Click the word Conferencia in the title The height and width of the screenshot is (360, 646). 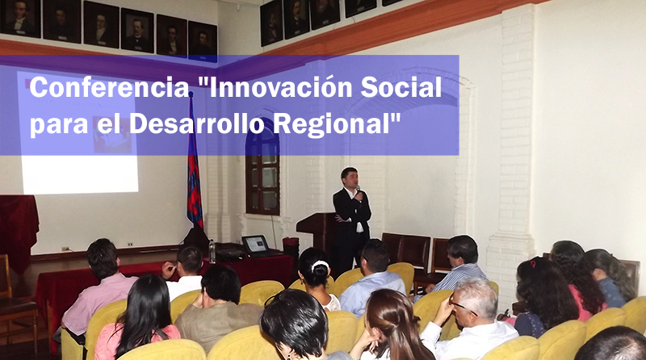109,87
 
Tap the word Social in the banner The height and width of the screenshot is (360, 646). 401,87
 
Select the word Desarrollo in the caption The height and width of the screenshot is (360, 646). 196,123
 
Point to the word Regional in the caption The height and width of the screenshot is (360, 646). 333,124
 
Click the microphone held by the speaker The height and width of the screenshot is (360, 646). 358,190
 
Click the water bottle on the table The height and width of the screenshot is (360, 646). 212,251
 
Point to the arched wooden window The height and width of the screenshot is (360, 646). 262,172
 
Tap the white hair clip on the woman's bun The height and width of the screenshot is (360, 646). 320,266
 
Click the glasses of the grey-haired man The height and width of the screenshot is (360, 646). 462,307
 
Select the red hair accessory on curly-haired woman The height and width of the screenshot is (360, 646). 532,263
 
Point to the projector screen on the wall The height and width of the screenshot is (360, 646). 80,136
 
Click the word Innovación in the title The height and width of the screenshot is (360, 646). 275,87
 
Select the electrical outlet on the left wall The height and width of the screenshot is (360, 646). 65,249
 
